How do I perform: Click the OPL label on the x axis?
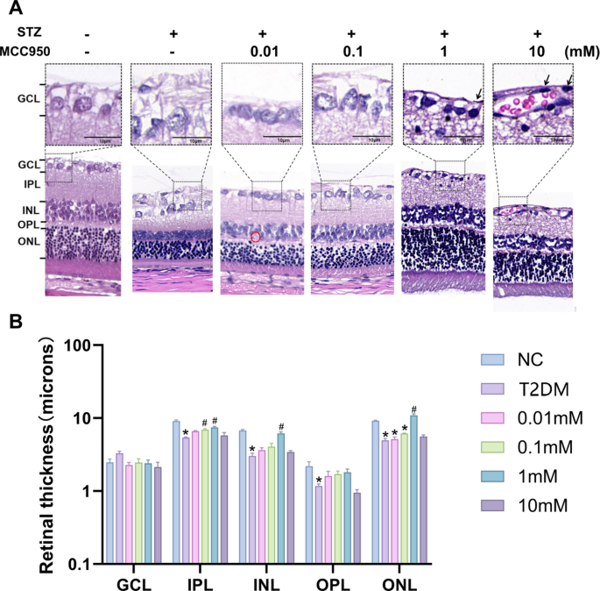(332, 580)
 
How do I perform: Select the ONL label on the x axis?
(402, 580)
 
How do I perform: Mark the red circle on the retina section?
(256, 237)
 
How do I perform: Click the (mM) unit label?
(582, 51)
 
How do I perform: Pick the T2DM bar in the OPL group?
(319, 524)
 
